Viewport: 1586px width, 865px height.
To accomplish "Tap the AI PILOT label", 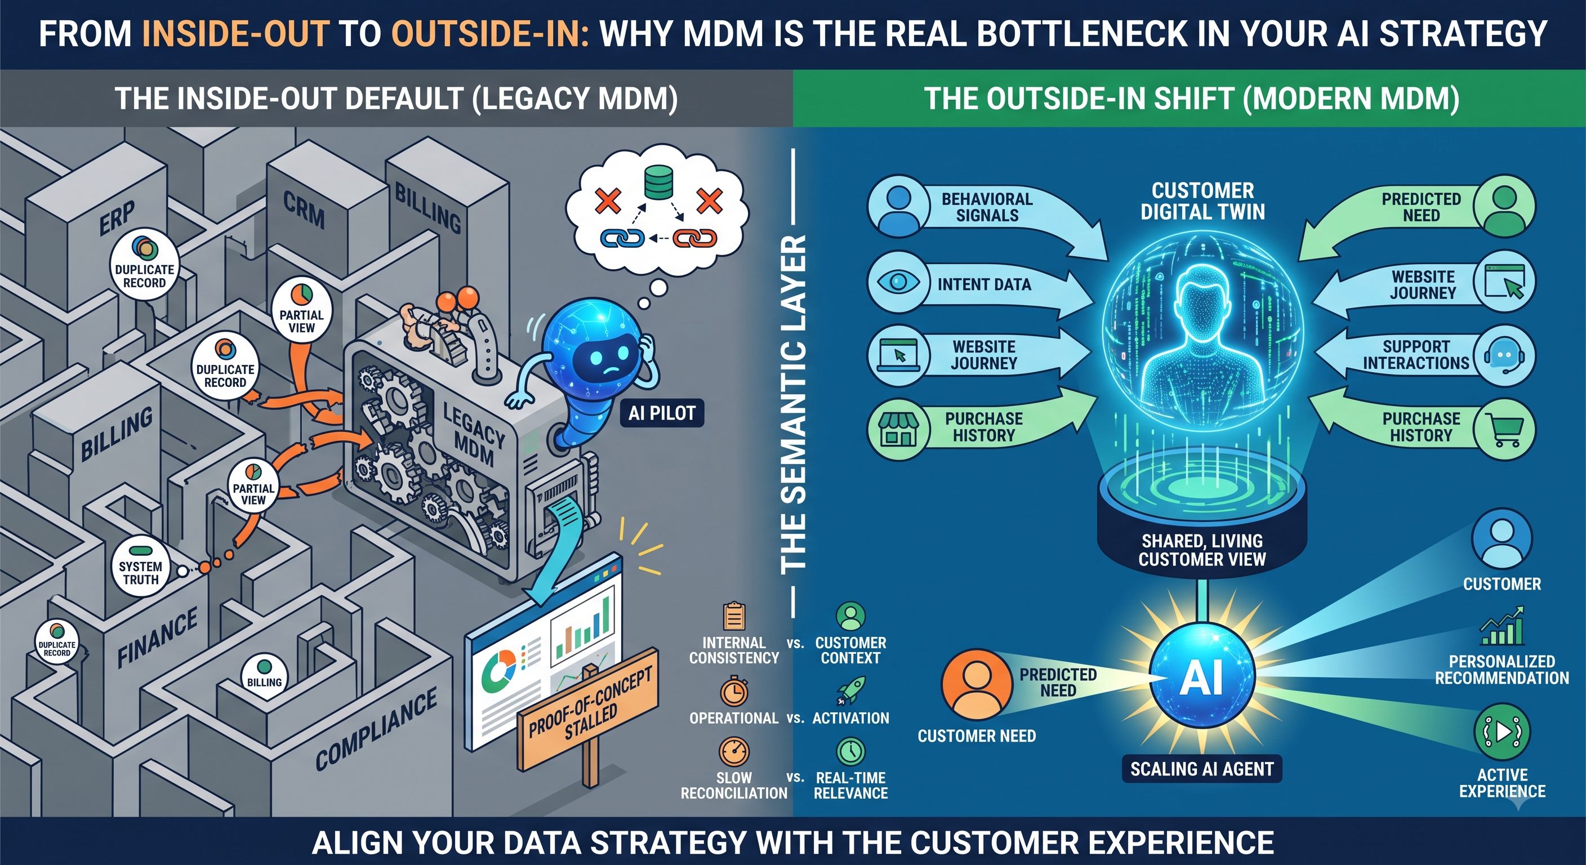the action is point(662,413).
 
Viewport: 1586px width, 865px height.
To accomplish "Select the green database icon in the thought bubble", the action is point(658,184).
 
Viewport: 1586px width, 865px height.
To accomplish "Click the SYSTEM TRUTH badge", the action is point(141,567).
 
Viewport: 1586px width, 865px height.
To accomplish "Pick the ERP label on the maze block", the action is point(117,217).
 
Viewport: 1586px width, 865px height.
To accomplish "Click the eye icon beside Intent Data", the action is point(898,282).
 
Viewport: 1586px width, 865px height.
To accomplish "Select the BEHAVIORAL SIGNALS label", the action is point(987,207).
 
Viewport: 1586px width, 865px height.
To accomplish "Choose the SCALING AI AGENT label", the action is point(1202,769).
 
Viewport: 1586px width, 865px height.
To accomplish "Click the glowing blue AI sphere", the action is point(1202,677).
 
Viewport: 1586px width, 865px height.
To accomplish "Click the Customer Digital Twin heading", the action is point(1202,200).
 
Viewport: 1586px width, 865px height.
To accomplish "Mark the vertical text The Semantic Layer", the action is point(793,403).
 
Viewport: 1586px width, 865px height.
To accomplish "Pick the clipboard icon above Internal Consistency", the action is point(734,616).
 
